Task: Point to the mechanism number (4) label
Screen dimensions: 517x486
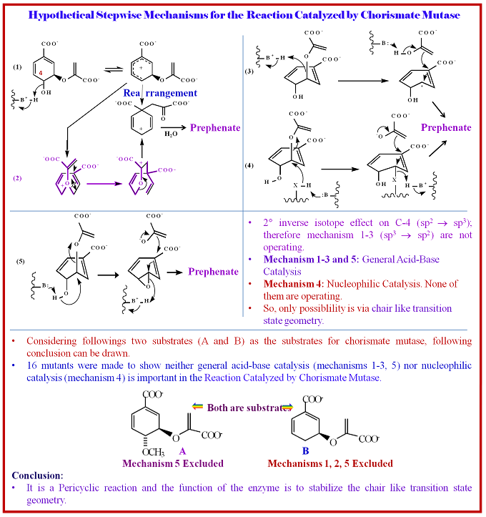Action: tap(249, 167)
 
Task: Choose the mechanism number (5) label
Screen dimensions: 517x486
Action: tap(21, 261)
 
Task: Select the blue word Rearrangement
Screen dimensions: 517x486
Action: tap(160, 93)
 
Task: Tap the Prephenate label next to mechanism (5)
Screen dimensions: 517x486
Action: tap(213, 272)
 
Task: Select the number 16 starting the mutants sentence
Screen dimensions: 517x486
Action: tap(34, 365)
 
